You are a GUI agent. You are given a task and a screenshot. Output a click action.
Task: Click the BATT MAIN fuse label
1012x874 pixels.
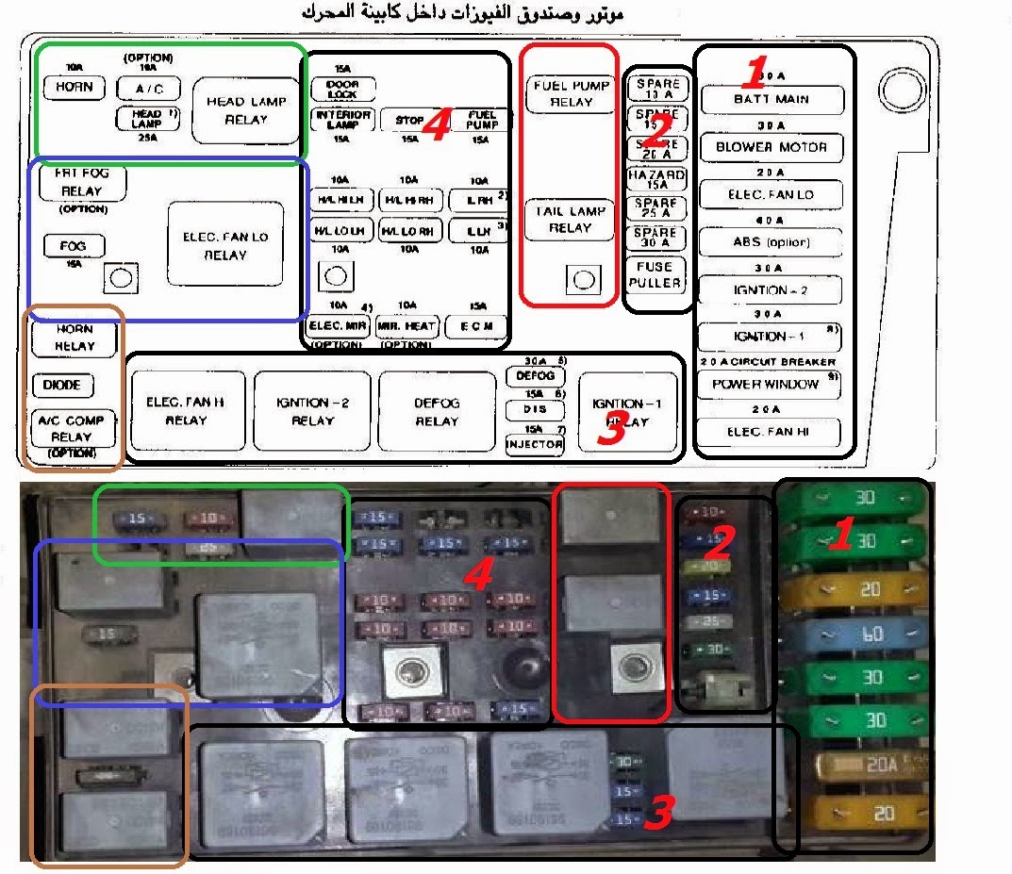771,99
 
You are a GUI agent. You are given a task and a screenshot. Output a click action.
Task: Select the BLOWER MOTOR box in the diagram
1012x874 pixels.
771,147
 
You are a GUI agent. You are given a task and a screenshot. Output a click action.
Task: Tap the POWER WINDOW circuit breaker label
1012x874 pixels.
769,384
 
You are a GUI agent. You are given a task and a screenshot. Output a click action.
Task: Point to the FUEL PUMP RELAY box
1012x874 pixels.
571,93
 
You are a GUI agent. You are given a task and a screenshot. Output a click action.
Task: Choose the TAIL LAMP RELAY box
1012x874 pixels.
570,220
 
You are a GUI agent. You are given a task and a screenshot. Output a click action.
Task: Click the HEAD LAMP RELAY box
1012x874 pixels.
245,110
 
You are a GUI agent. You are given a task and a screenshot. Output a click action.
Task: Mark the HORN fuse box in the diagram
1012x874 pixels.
74,87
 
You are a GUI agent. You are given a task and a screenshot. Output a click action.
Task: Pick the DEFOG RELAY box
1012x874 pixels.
437,411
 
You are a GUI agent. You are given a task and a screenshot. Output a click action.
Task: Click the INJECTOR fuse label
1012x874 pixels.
535,444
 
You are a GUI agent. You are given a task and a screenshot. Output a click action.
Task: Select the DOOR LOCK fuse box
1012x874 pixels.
342,90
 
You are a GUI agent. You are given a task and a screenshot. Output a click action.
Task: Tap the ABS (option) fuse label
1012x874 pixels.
771,242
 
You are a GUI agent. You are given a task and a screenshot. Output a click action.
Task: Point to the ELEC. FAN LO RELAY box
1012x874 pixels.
225,245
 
